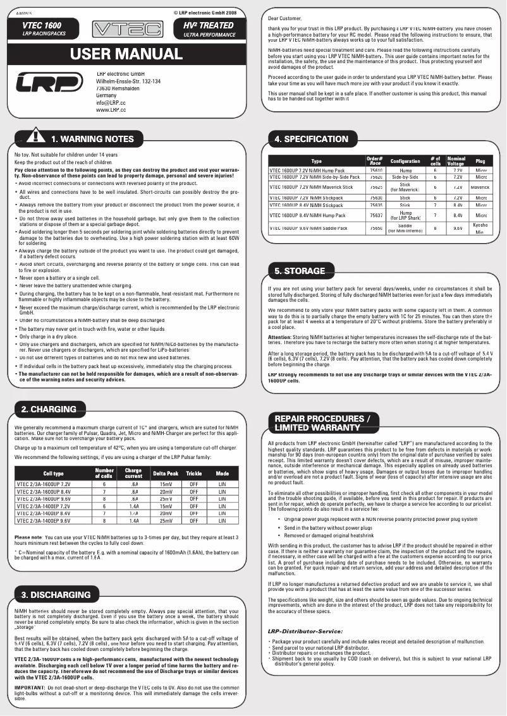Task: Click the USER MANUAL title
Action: point(126,54)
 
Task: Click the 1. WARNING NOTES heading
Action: point(92,139)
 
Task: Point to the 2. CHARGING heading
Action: point(49,409)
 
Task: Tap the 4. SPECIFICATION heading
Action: point(311,139)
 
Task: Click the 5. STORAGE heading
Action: point(300,271)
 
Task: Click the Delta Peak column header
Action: point(166,474)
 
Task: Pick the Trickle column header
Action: point(194,474)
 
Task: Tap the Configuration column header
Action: point(405,161)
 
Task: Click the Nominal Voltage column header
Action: point(456,161)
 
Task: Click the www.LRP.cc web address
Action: point(111,110)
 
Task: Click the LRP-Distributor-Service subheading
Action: point(305,631)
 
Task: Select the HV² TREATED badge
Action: point(208,29)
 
